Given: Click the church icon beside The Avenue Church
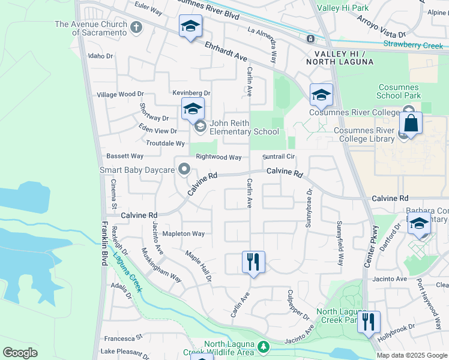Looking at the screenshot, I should click(x=136, y=28).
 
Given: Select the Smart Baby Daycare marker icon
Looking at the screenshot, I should click(x=184, y=170).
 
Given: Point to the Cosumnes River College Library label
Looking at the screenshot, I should click(x=364, y=135).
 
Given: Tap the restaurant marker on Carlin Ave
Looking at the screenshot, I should click(x=253, y=262).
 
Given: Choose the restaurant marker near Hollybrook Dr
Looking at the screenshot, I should click(x=369, y=322).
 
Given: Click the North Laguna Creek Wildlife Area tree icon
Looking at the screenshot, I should click(x=263, y=346).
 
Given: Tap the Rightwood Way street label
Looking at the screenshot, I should click(x=218, y=157).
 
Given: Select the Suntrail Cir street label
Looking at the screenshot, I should click(x=279, y=157).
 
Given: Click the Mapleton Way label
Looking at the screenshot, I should click(x=184, y=233).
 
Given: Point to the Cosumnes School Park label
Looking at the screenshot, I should click(x=399, y=91).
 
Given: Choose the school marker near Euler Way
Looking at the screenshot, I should click(x=190, y=26).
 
